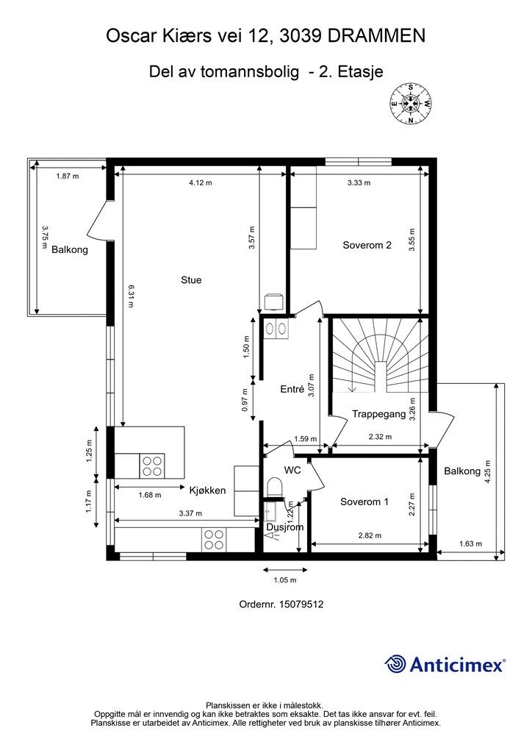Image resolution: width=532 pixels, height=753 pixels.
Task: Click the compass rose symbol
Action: click(x=410, y=103)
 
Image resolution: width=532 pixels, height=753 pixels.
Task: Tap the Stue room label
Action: click(x=191, y=280)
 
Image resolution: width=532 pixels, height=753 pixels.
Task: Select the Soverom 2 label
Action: click(x=367, y=245)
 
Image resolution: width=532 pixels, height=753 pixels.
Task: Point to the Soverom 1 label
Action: click(x=364, y=502)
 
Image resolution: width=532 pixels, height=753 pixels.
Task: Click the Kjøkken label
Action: click(x=207, y=490)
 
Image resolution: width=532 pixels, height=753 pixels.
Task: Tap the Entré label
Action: click(x=292, y=390)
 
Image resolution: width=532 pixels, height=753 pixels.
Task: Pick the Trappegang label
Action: click(x=379, y=414)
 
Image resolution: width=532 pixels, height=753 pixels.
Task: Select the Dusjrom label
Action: click(x=285, y=527)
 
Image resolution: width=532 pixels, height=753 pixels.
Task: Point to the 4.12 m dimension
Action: click(x=201, y=182)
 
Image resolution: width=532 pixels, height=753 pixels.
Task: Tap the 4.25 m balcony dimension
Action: click(x=488, y=472)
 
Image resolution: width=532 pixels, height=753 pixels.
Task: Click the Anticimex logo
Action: click(x=445, y=664)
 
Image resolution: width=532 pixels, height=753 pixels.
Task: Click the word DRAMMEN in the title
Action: click(x=376, y=36)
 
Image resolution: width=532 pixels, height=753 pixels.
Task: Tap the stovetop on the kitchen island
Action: click(x=151, y=465)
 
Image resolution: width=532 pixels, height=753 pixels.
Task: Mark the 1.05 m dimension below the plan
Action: click(x=285, y=580)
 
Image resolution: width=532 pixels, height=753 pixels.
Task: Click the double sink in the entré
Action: click(x=276, y=329)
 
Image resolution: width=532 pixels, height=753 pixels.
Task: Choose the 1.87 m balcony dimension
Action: click(x=68, y=176)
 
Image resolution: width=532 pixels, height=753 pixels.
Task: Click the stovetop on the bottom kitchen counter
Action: click(x=214, y=539)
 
